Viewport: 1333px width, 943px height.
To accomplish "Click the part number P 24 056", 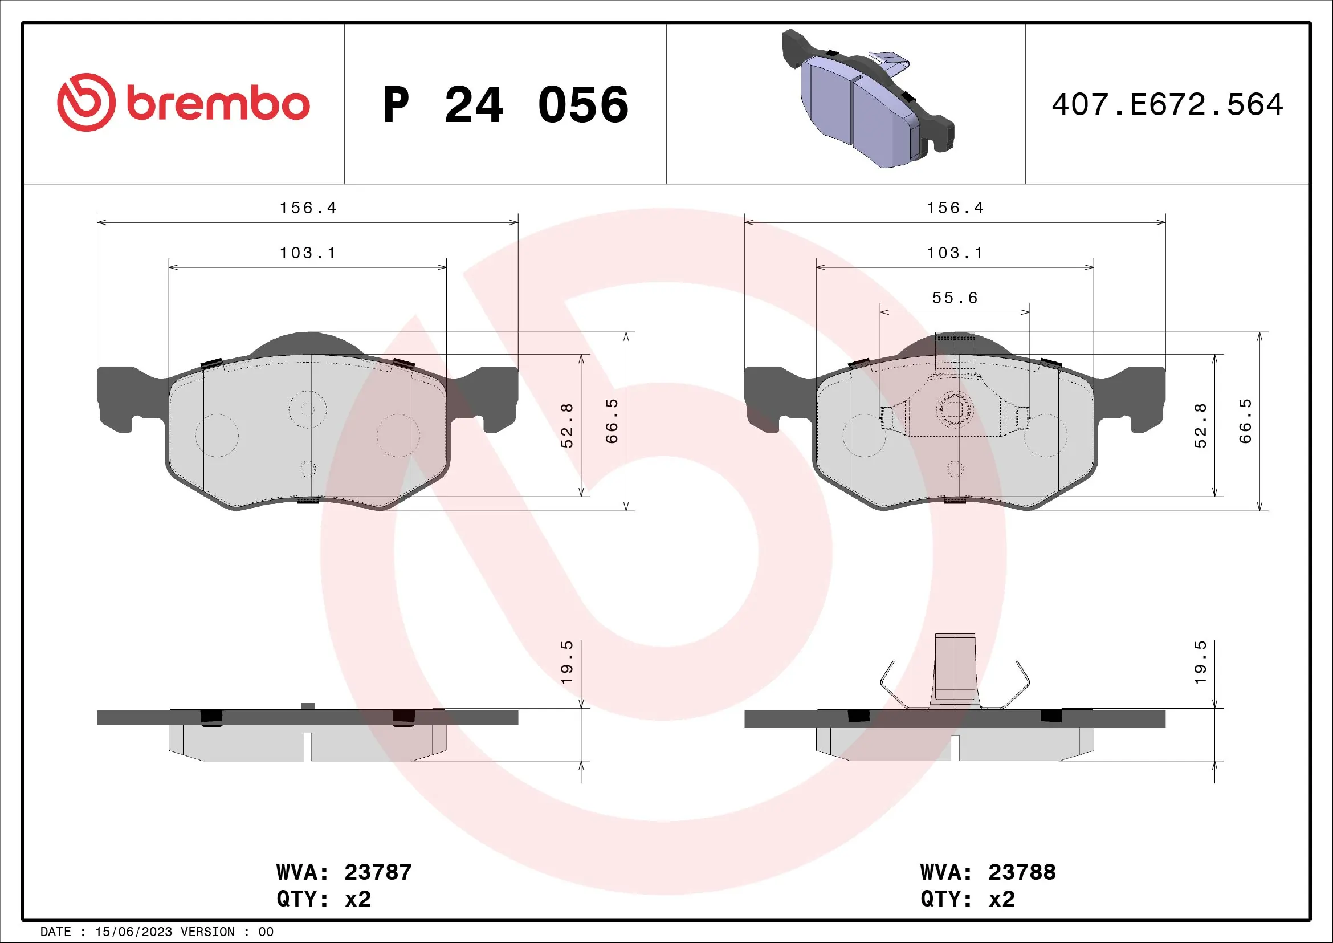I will pyautogui.click(x=505, y=105).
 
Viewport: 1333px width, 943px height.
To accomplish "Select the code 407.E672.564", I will pyautogui.click(x=1167, y=105).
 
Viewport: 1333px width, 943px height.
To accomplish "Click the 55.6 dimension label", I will pyautogui.click(x=955, y=298).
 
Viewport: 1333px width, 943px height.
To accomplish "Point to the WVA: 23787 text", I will pyautogui.click(x=344, y=872).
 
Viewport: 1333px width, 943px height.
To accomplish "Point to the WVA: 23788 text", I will pyautogui.click(x=988, y=872).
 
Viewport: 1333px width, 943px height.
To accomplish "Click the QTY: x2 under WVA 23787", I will pyautogui.click(x=323, y=899).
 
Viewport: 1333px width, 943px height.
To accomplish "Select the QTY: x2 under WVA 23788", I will pyautogui.click(x=967, y=899).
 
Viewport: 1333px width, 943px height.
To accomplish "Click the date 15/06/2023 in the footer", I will pyautogui.click(x=133, y=932).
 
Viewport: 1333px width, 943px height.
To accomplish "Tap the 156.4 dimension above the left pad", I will pyautogui.click(x=308, y=208).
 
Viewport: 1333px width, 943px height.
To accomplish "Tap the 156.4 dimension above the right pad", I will pyautogui.click(x=955, y=208).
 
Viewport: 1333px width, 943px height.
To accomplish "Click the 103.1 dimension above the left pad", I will pyautogui.click(x=308, y=253).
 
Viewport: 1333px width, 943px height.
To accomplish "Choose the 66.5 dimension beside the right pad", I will pyautogui.click(x=1245, y=421).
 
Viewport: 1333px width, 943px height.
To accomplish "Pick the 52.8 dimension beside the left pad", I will pyautogui.click(x=567, y=425).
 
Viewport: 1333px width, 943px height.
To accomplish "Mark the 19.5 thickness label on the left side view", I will pyautogui.click(x=567, y=662).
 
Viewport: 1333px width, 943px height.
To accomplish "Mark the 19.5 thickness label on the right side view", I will pyautogui.click(x=1201, y=662).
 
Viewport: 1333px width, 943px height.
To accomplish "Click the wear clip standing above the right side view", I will pyautogui.click(x=955, y=668).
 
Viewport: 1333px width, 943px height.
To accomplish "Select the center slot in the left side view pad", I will pyautogui.click(x=308, y=747).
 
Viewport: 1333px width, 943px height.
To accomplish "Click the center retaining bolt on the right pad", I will pyautogui.click(x=955, y=410).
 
